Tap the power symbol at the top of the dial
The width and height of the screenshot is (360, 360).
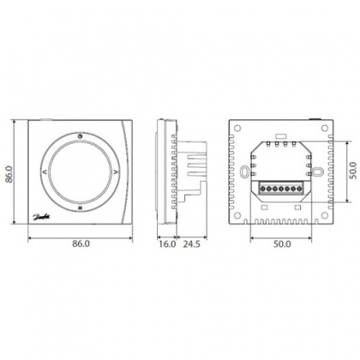(x=80, y=136)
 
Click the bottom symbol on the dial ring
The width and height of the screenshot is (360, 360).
(x=80, y=209)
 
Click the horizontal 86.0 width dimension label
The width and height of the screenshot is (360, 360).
(x=80, y=244)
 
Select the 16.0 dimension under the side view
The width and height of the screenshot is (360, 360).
(x=167, y=244)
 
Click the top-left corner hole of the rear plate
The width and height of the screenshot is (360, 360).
(x=235, y=129)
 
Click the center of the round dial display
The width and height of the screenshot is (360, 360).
(x=80, y=173)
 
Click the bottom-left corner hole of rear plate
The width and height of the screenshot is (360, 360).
(x=235, y=218)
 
